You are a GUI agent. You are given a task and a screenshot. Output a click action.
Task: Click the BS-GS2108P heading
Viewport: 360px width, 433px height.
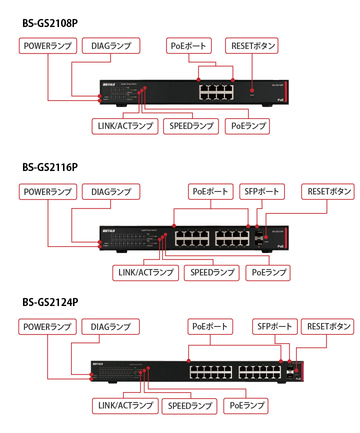tap(50, 23)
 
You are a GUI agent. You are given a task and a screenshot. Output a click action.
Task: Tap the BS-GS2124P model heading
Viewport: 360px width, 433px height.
tap(50, 302)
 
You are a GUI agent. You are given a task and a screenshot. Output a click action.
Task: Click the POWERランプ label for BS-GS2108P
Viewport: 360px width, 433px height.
tap(48, 46)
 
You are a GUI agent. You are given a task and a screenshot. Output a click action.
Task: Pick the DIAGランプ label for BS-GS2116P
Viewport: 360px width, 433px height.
tap(111, 191)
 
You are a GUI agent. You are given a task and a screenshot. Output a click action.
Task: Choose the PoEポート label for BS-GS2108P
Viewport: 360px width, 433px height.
tap(188, 46)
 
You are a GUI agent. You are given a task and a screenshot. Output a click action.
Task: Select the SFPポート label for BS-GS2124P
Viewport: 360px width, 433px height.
tap(274, 327)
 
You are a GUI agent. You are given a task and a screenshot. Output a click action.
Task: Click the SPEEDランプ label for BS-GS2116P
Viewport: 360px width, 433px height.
tap(212, 272)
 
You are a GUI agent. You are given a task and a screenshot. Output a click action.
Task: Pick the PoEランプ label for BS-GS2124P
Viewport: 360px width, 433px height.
tap(246, 405)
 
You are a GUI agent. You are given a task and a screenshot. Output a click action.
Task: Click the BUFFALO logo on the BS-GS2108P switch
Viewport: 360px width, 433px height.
tap(109, 84)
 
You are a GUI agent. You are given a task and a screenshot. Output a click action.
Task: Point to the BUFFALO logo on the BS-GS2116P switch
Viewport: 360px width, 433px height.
tap(109, 230)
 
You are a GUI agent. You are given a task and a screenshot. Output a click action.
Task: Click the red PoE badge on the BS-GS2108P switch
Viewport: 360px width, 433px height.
tap(281, 100)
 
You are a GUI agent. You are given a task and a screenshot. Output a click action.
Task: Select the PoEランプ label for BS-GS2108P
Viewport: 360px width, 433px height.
tap(247, 126)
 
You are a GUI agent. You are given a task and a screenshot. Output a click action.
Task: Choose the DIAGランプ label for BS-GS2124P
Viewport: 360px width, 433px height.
tap(111, 327)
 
